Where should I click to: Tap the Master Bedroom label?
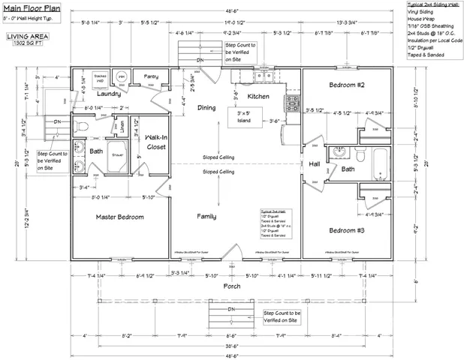119,217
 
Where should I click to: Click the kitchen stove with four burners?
291,103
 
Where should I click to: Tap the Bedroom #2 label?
346,85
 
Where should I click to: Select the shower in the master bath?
117,160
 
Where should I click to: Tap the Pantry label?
152,76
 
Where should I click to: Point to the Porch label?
231,286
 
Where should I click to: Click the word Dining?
206,108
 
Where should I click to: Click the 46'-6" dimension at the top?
231,13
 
